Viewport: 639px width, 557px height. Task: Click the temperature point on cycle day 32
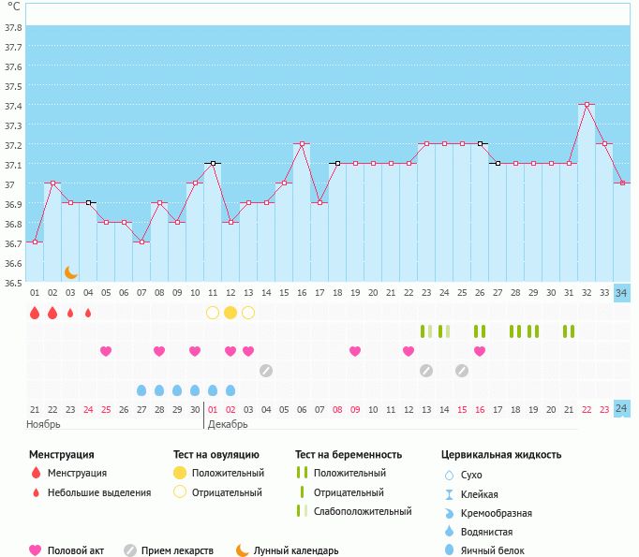pos(587,105)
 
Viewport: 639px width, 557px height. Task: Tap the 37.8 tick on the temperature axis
pos(13,28)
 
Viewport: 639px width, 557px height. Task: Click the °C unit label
pos(13,7)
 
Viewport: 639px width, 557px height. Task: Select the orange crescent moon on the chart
pos(71,272)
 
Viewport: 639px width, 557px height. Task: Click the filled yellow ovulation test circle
pos(230,312)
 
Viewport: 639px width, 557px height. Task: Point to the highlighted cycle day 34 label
pos(622,293)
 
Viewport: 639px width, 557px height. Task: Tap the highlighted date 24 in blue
pos(622,408)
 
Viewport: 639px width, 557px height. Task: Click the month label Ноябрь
pos(43,424)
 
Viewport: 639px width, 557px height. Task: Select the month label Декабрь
pos(228,424)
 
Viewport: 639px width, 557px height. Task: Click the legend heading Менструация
pos(61,455)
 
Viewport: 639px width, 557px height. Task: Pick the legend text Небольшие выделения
pos(98,492)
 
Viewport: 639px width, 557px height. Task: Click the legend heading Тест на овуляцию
pos(216,455)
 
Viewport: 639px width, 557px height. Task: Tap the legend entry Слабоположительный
pos(364,511)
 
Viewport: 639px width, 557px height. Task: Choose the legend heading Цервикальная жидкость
pos(501,455)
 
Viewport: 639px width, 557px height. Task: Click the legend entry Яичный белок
pos(493,550)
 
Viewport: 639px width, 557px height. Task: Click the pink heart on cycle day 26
pos(480,351)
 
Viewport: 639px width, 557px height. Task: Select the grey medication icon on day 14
pos(266,371)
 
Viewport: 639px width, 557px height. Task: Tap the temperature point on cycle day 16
pos(302,144)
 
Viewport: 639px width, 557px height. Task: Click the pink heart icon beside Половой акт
pos(37,550)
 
